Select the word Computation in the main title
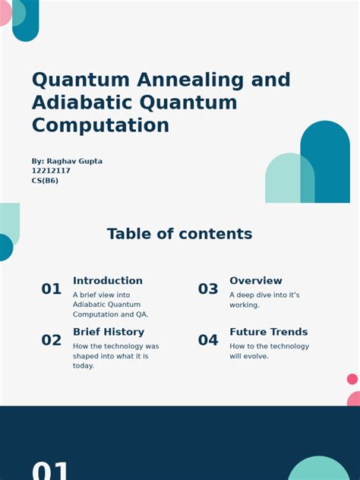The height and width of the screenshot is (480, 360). (100, 125)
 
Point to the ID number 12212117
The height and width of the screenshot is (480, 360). (51, 171)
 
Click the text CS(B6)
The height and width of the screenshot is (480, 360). (45, 181)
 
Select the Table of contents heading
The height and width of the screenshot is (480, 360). (179, 234)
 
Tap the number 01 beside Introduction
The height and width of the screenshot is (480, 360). (52, 289)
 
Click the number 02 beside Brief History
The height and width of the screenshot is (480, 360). (52, 340)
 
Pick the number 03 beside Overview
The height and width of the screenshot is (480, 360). (208, 289)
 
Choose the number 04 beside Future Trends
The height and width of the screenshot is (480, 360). (208, 340)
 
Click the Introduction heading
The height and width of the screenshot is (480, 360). (108, 281)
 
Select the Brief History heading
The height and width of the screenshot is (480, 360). (109, 332)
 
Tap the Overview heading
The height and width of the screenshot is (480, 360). (256, 281)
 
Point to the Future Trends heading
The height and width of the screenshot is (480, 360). (269, 332)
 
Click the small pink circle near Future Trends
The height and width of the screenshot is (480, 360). (352, 379)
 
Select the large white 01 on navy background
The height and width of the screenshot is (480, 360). (51, 470)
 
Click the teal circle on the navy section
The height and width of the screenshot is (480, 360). (319, 469)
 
